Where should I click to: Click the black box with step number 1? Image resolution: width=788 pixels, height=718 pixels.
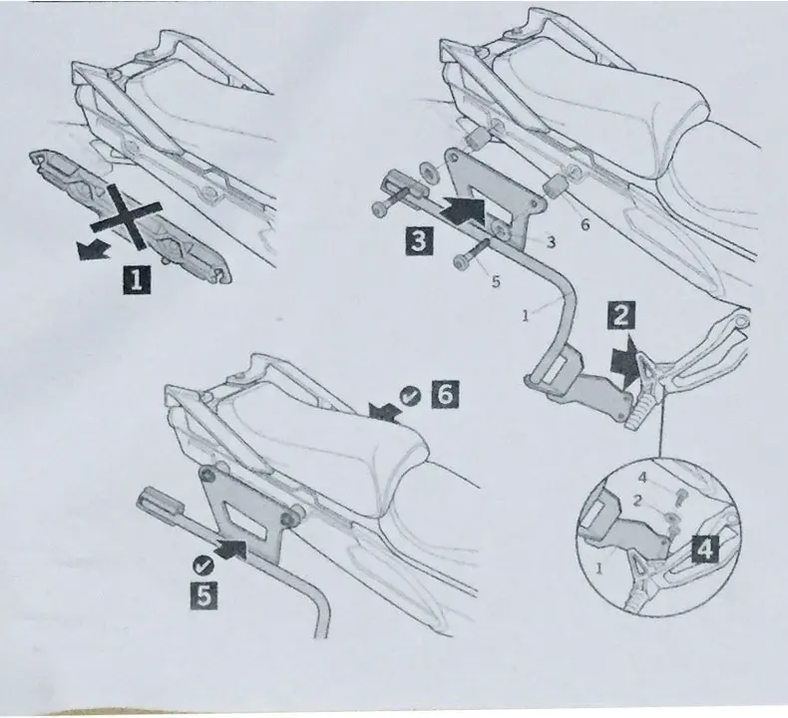pos(137,279)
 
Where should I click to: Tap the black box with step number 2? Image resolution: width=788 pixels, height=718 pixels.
pos(621,315)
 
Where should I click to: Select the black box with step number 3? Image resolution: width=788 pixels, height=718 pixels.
pos(419,240)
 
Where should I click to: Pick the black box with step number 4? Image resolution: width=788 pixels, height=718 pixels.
pos(705,548)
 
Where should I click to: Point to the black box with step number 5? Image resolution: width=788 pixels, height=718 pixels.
pos(204,595)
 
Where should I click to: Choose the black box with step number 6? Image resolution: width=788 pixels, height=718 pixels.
pos(445,394)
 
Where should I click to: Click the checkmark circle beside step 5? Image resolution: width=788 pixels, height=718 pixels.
pos(202,565)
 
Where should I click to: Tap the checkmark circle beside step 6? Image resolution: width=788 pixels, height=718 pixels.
pos(410,397)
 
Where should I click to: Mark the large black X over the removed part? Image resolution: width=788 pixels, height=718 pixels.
pos(127,216)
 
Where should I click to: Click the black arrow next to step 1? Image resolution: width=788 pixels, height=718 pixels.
pos(93,249)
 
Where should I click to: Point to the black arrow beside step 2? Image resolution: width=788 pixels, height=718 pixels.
pos(625,361)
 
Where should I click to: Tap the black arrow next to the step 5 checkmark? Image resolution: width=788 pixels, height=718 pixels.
pos(230,549)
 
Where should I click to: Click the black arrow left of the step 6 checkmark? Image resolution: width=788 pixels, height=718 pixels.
pos(385,412)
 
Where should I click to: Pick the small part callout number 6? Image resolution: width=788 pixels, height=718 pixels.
pos(585,224)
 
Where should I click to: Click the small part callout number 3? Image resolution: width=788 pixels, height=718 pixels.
pos(551,242)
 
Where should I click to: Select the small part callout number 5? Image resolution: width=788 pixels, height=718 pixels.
pos(496,282)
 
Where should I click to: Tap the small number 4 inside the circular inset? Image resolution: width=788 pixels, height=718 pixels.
pos(641,478)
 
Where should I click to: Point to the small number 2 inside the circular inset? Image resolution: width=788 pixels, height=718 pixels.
pos(636,501)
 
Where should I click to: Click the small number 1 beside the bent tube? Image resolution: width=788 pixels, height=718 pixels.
pos(525,316)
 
